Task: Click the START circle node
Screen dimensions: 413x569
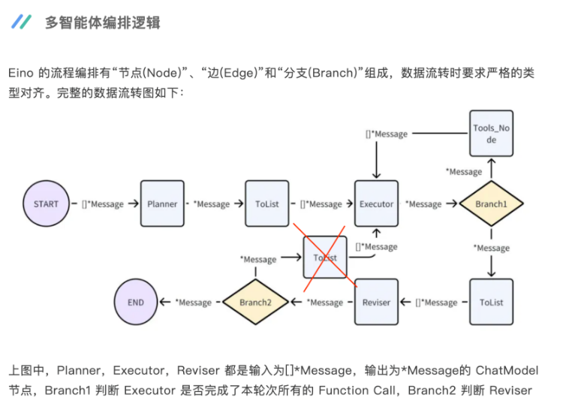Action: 46,203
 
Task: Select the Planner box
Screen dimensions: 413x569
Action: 162,203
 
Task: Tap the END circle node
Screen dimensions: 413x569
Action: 135,302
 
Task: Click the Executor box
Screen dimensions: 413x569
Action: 376,203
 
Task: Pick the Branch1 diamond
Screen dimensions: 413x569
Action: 490,203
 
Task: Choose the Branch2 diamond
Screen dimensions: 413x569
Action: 254,302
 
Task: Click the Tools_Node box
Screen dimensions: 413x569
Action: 491,134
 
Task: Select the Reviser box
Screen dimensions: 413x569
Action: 376,302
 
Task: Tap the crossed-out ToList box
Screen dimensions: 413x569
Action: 325,258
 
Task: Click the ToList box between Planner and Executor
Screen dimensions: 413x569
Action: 267,203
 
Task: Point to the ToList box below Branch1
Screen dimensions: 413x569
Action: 491,302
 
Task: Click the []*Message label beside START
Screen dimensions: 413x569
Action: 103,204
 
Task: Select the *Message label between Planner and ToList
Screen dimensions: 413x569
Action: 212,204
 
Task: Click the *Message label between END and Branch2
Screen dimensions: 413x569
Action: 193,303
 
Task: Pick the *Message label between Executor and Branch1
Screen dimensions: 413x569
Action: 423,204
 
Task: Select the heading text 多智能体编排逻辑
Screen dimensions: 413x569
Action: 102,23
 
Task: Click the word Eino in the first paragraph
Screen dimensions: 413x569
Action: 22,74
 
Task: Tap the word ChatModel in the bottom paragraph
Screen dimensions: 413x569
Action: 508,371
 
